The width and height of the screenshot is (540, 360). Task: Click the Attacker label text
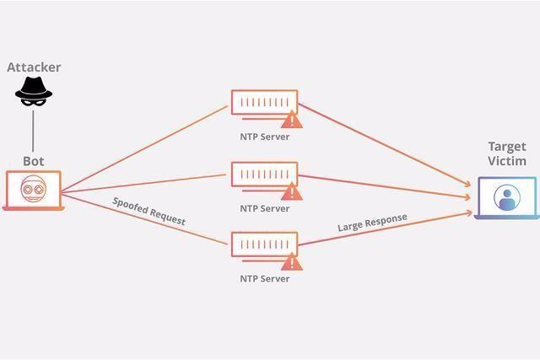34,67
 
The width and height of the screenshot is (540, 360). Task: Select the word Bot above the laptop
34,161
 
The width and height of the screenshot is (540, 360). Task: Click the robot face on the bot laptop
34,189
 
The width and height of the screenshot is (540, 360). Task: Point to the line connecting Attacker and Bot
33,131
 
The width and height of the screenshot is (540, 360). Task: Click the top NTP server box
264,102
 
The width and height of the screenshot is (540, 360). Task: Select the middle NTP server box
264,175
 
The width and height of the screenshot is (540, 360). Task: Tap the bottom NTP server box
264,244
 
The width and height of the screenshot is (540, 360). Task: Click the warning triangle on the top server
292,120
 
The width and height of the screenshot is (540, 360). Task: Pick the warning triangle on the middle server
292,191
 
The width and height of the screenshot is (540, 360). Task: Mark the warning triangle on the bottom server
292,261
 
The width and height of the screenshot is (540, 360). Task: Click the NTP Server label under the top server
264,137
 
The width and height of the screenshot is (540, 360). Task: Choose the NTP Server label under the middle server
264,208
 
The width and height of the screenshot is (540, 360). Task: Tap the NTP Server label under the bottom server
264,278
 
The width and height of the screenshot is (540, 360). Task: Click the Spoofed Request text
149,212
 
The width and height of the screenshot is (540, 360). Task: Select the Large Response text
372,223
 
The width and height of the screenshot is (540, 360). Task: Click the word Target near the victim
507,147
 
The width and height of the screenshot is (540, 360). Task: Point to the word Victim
507,161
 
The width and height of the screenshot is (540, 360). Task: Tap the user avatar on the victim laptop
507,197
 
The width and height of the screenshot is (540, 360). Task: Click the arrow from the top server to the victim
385,145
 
